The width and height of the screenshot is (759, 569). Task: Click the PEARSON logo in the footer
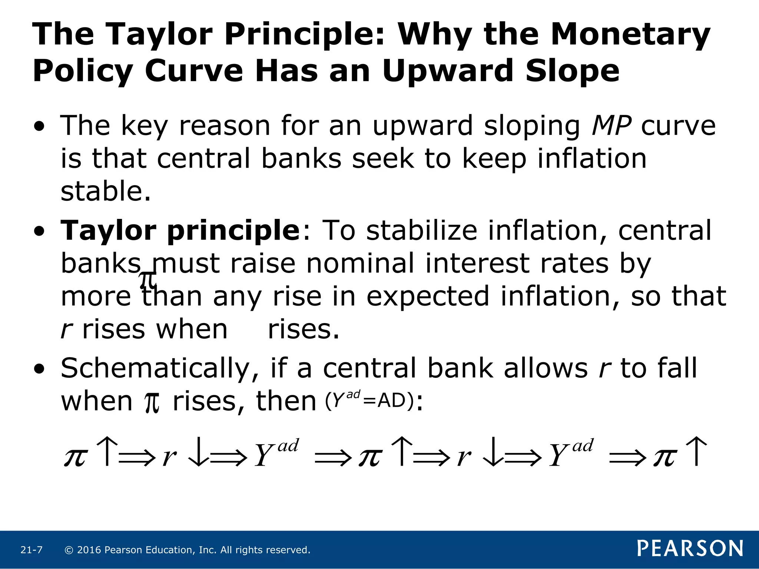coord(690,548)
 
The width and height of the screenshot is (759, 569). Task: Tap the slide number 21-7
coord(32,550)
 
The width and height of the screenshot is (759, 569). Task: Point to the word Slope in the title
coord(572,71)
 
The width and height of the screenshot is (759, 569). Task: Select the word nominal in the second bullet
coord(360,263)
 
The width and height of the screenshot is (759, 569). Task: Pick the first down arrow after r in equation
coord(198,452)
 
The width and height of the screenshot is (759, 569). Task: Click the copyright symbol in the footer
coord(69,550)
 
